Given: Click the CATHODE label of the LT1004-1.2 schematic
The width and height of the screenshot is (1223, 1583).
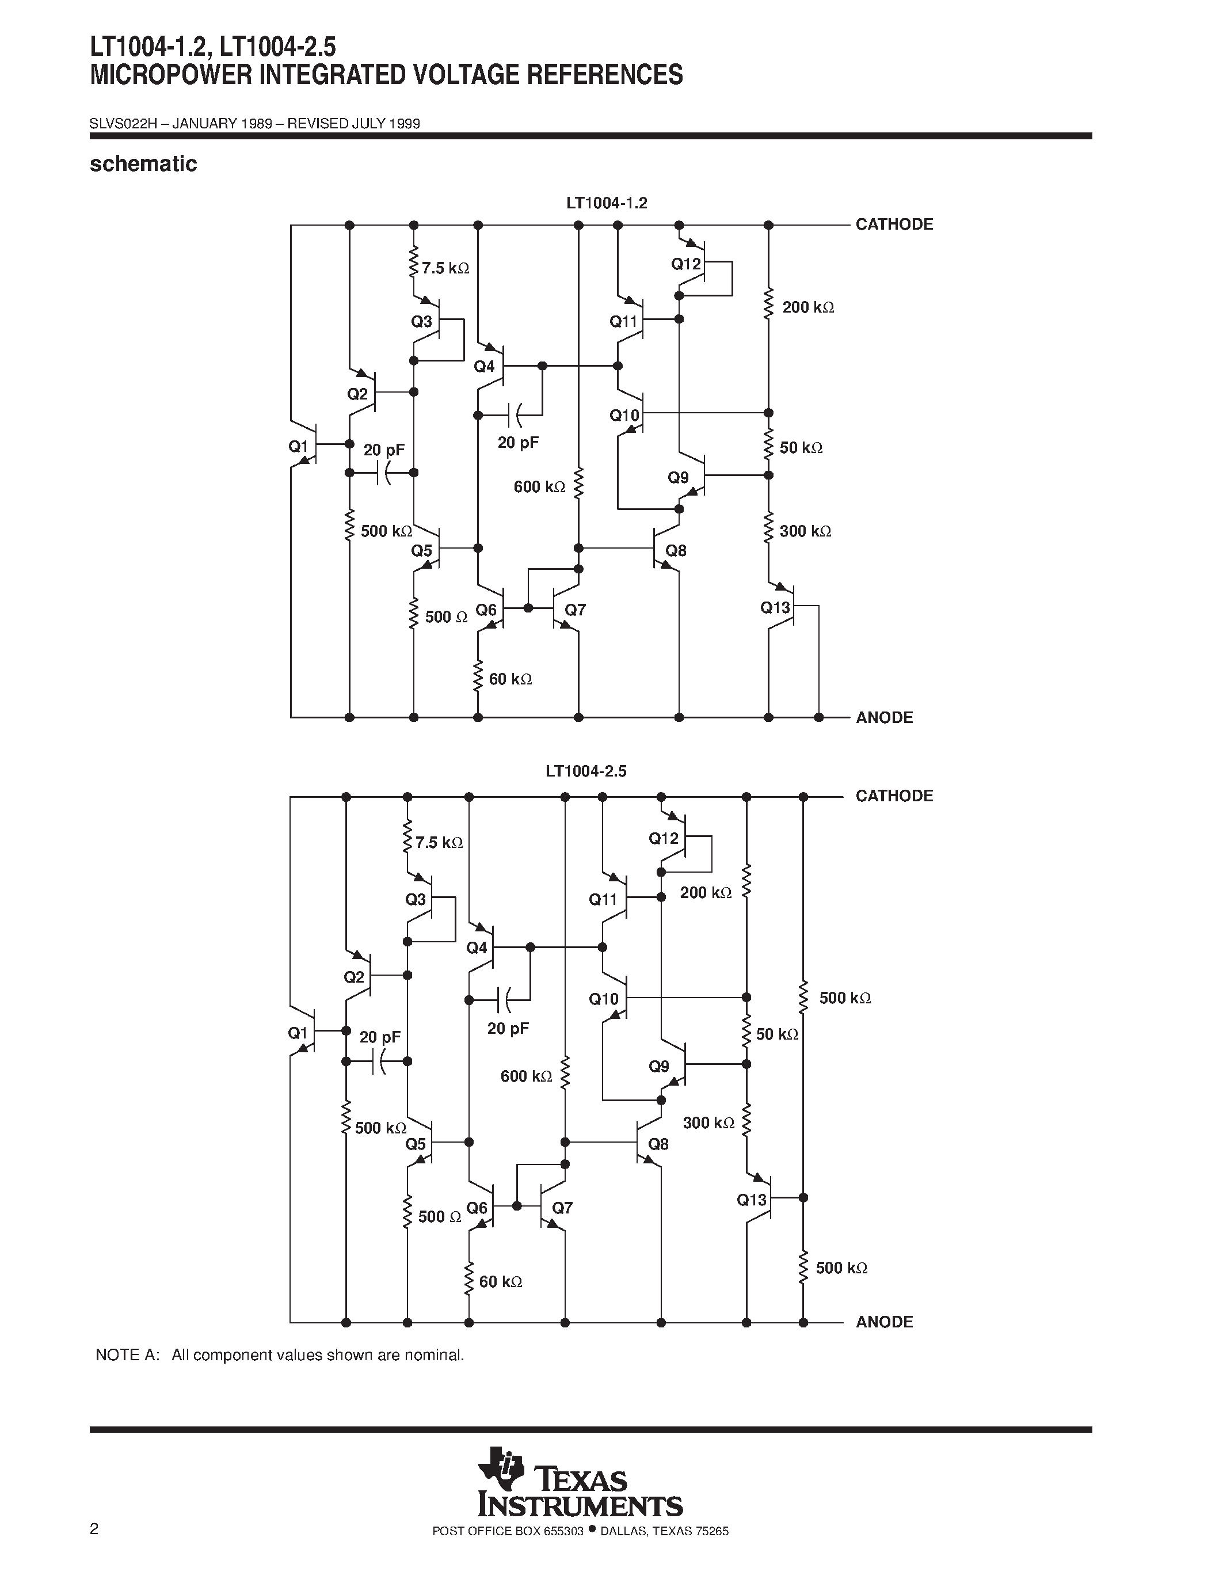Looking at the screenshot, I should (x=894, y=224).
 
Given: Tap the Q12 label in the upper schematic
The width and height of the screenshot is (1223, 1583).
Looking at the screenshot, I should (x=685, y=264).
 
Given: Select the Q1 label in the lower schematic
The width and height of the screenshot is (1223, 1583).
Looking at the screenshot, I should (x=298, y=1033).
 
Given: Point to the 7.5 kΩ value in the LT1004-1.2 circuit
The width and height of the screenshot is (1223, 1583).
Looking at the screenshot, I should (x=445, y=268).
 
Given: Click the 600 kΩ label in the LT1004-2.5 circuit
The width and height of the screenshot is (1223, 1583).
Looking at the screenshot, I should (x=526, y=1076).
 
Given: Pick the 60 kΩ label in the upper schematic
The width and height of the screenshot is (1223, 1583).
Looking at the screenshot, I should (x=511, y=679).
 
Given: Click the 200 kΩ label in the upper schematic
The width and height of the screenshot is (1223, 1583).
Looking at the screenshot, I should (x=808, y=307).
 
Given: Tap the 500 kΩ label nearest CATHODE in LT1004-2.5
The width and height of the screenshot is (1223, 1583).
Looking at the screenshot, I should (x=845, y=998).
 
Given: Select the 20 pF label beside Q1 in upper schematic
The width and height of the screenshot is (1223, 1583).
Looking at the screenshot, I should (x=384, y=450).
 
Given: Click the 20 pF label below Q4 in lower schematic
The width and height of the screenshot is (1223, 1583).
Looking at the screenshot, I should (x=508, y=1029).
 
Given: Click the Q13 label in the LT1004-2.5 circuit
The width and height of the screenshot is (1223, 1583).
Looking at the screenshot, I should (x=751, y=1200).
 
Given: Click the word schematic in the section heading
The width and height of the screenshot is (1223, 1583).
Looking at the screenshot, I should (x=143, y=164).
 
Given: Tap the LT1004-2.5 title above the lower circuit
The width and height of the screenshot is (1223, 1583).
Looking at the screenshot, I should (x=585, y=771).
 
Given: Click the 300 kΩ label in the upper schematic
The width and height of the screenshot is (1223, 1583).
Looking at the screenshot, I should (x=805, y=531).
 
